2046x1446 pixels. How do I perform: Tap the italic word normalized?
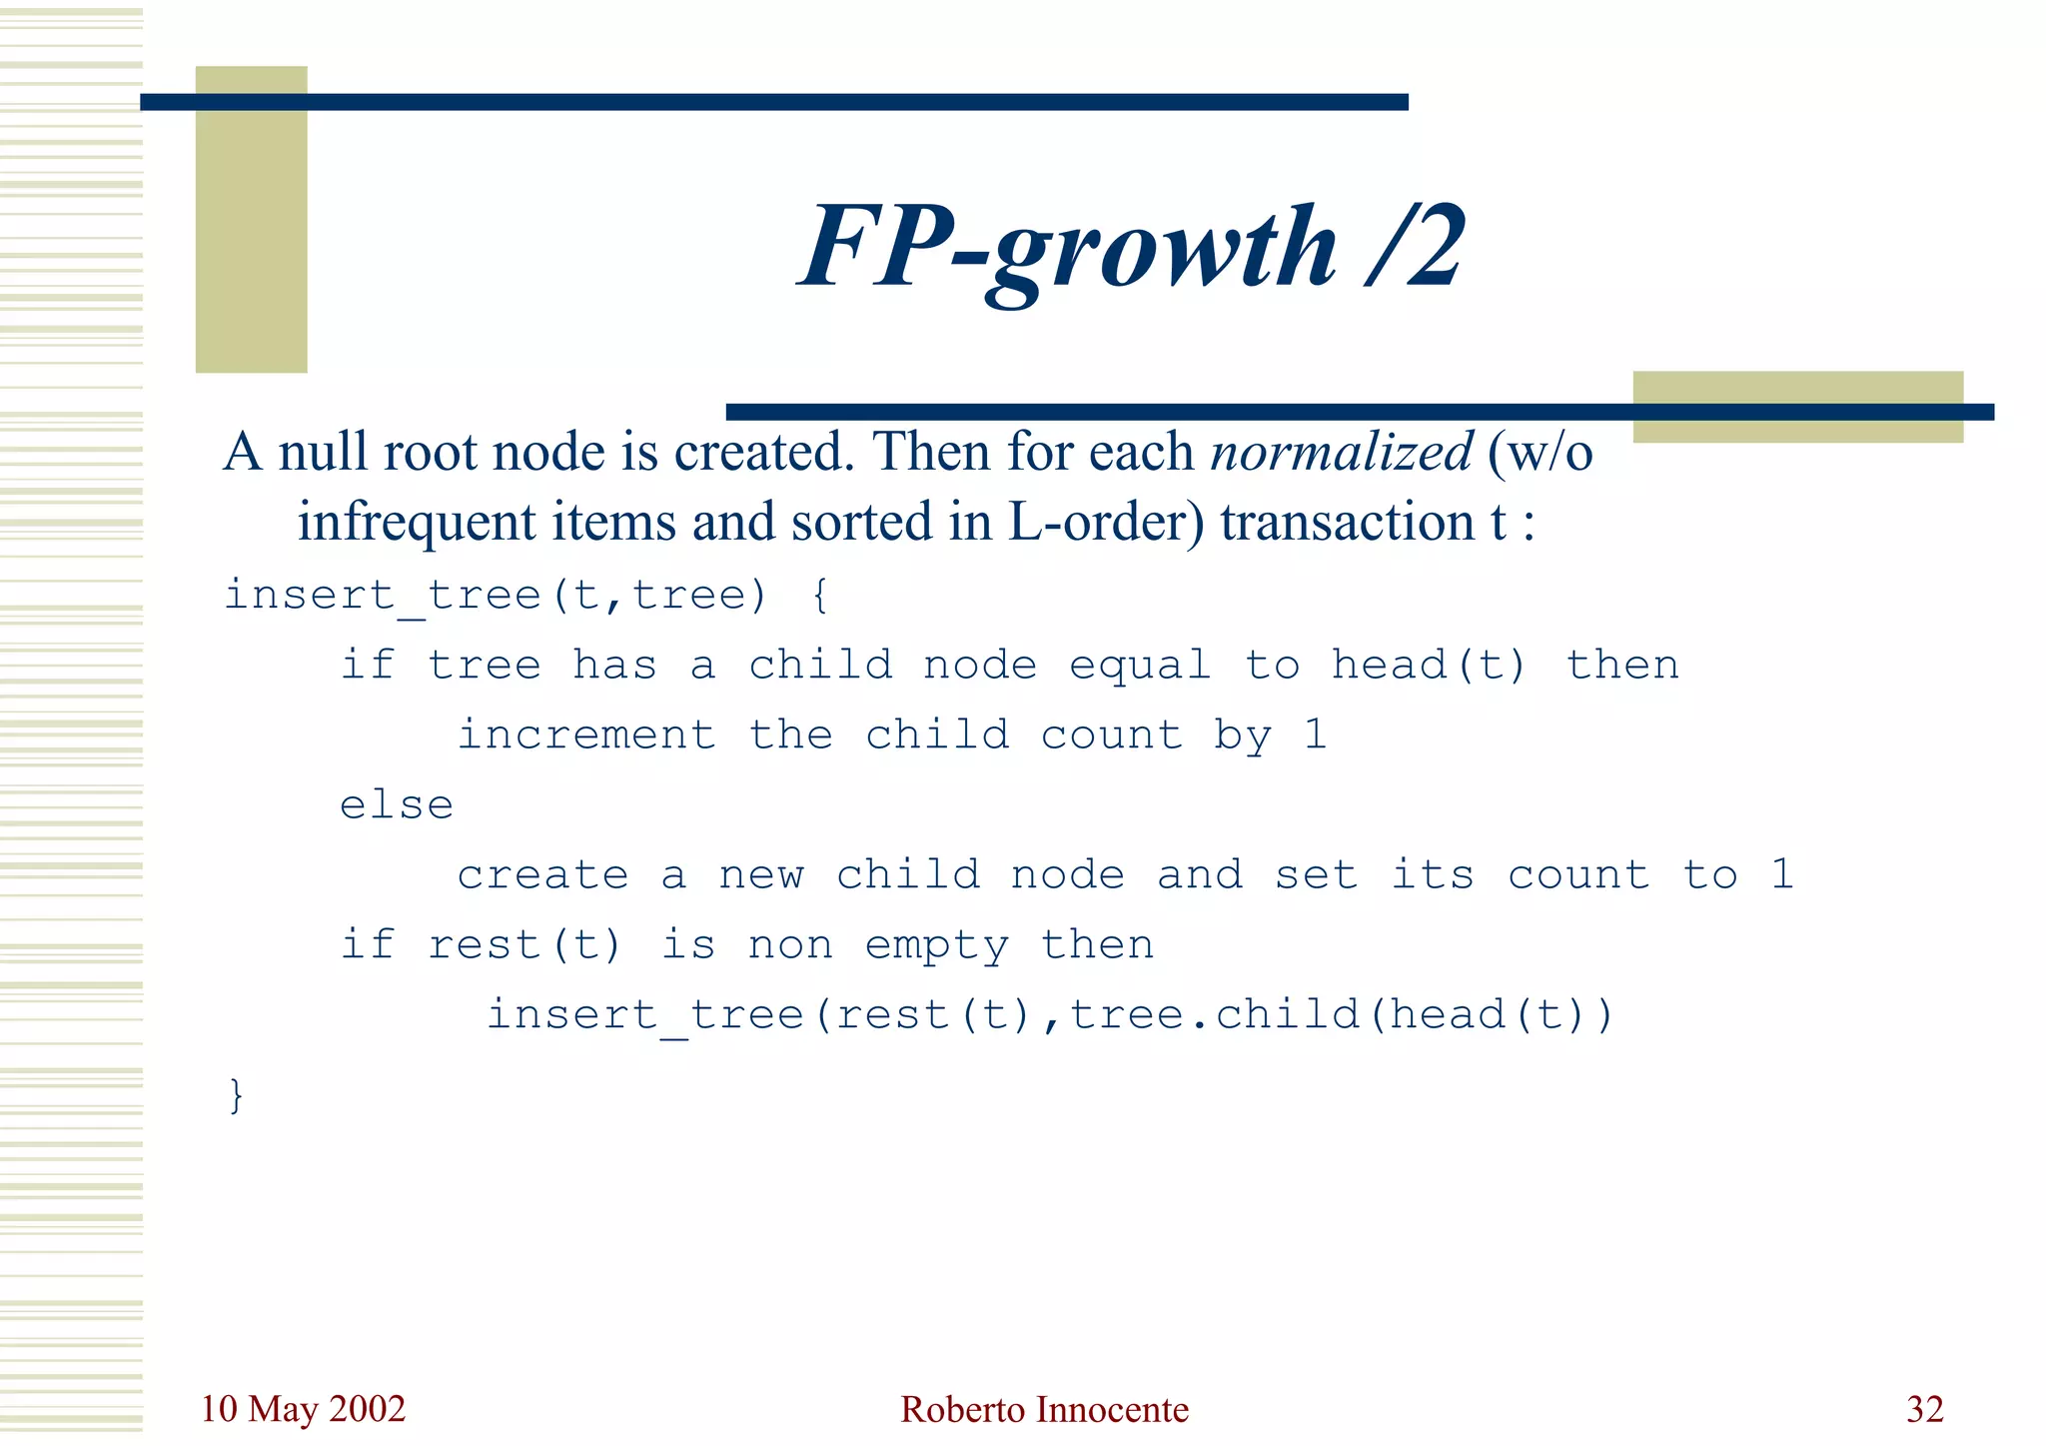click(x=1341, y=452)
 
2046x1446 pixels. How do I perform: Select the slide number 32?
click(x=1924, y=1409)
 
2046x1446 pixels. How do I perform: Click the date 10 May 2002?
click(x=303, y=1409)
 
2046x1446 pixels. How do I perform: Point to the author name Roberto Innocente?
click(x=1044, y=1409)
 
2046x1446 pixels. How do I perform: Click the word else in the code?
click(x=397, y=805)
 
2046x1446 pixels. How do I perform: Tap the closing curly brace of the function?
click(x=236, y=1095)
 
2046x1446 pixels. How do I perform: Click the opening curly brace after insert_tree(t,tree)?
click(x=819, y=596)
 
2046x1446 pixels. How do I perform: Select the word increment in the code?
click(x=586, y=735)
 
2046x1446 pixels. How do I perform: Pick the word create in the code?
click(x=542, y=875)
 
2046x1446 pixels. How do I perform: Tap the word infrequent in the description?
click(x=417, y=522)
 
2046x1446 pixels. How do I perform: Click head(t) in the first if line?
click(x=1429, y=666)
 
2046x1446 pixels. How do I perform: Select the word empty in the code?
click(x=936, y=945)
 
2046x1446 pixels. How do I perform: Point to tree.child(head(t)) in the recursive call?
click(x=1341, y=1015)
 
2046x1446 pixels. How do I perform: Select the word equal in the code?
click(x=1140, y=666)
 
